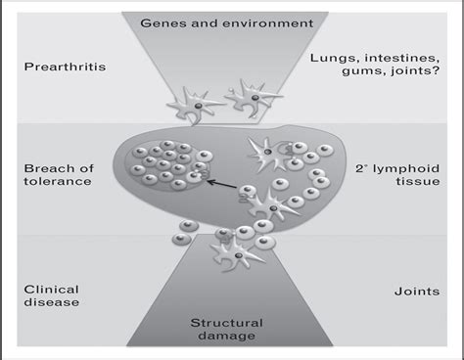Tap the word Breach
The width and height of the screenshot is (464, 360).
45,168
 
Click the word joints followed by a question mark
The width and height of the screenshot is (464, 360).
397,75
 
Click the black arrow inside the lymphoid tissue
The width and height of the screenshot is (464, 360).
224,181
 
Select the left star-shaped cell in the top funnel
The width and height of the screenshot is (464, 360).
190,102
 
